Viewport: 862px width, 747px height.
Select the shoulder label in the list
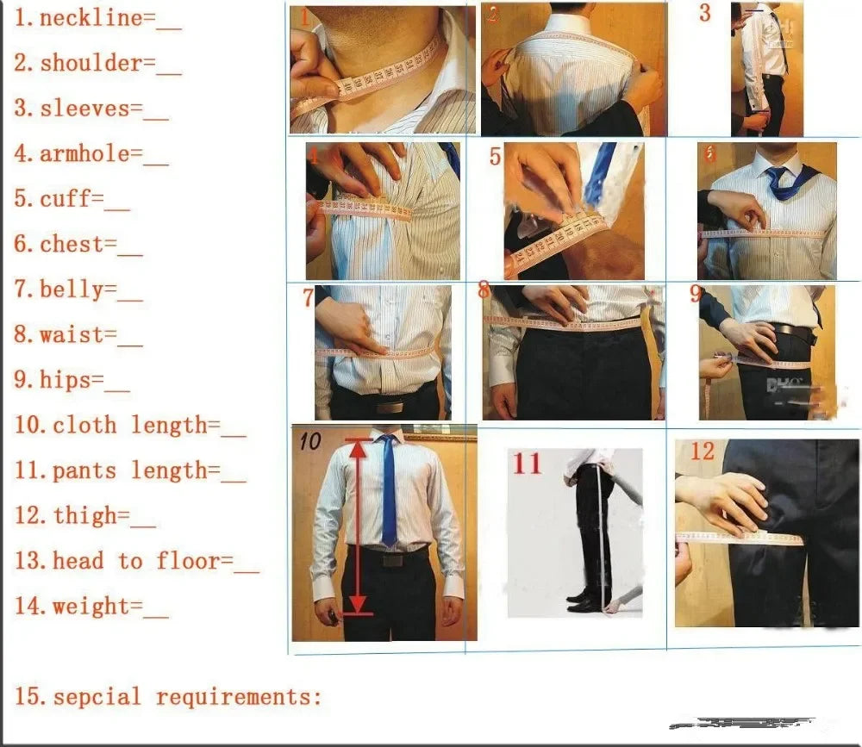pos(91,63)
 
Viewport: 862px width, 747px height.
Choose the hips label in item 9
pos(71,380)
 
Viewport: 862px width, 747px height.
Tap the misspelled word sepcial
pos(97,696)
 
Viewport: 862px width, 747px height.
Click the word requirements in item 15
pos(239,696)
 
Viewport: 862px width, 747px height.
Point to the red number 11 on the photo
pos(528,463)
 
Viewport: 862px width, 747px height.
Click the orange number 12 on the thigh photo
pos(703,450)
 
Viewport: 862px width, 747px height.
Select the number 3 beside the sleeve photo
pos(705,13)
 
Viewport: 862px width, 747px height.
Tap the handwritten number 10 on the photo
pos(310,441)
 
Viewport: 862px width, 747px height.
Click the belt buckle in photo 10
pos(393,559)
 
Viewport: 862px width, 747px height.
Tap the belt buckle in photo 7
pos(392,406)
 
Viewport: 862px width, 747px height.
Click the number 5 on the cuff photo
pos(495,157)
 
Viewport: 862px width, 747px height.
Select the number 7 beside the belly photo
pos(308,298)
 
